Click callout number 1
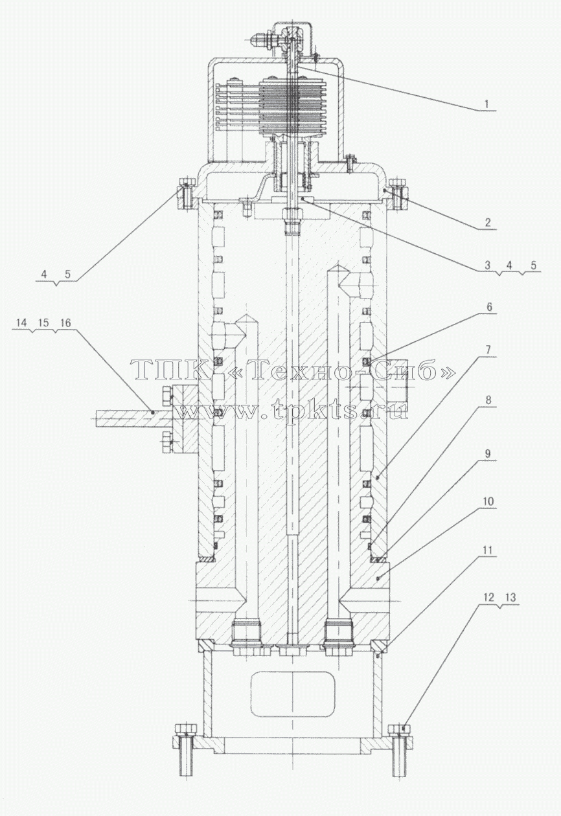pyautogui.click(x=487, y=104)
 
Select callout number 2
pyautogui.click(x=487, y=222)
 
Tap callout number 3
pyautogui.click(x=488, y=265)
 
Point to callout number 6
pyautogui.click(x=489, y=307)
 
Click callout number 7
pyautogui.click(x=488, y=350)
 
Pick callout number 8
pyautogui.click(x=488, y=400)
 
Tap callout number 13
pyautogui.click(x=510, y=597)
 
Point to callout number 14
pyautogui.click(x=22, y=323)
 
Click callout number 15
pyautogui.click(x=43, y=323)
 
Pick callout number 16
pyautogui.click(x=65, y=323)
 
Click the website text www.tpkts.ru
pyautogui.click(x=292, y=411)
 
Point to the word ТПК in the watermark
pyautogui.click(x=171, y=370)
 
